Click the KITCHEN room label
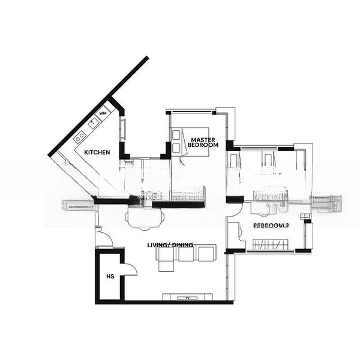[x=97, y=152]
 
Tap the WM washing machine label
[x=103, y=113]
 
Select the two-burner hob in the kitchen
[x=80, y=137]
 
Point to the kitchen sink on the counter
[x=94, y=123]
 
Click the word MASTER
[x=203, y=139]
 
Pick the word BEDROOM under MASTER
[x=203, y=145]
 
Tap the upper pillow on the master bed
[x=176, y=135]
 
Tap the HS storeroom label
[x=110, y=277]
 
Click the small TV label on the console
[x=187, y=298]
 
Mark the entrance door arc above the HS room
[x=103, y=238]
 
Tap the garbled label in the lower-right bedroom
[x=271, y=226]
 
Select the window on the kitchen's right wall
[x=124, y=129]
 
